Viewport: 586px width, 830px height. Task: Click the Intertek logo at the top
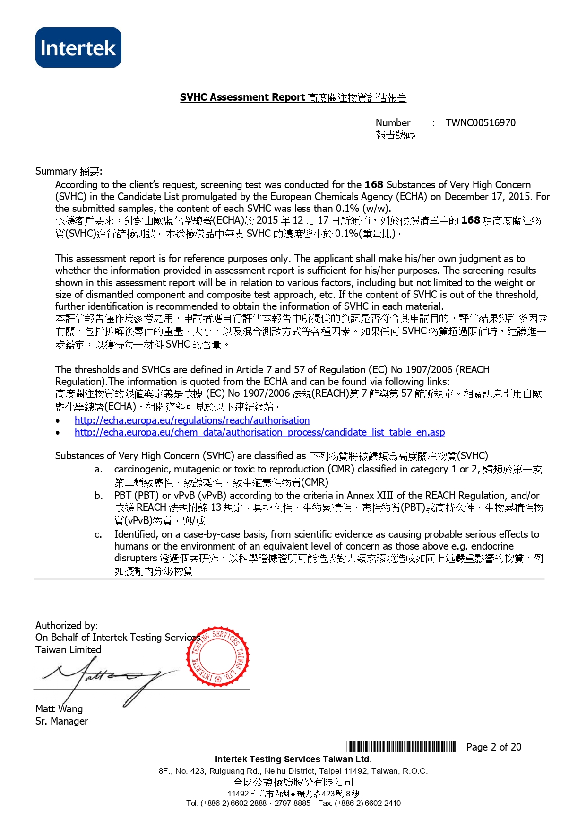78,48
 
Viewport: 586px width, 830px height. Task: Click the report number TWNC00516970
480,123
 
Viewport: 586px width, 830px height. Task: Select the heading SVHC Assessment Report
242,97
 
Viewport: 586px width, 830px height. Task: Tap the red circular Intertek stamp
218,657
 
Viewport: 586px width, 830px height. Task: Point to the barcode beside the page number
401,747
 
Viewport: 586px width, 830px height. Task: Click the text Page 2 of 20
493,747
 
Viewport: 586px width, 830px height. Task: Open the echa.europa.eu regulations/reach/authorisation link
192,420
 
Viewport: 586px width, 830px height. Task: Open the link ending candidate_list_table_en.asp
259,432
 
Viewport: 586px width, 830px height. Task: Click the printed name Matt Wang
59,709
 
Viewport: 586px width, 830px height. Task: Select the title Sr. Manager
61,721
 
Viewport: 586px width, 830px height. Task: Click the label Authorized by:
67,626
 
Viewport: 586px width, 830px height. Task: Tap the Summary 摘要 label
69,171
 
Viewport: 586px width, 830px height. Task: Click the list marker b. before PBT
98,496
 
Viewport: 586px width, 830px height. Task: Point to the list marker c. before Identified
98,534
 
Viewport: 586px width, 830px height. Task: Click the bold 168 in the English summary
374,185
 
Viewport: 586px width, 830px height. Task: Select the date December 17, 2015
489,197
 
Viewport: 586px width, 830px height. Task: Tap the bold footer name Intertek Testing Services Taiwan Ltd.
293,760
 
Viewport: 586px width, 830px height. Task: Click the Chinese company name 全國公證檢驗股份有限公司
293,782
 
